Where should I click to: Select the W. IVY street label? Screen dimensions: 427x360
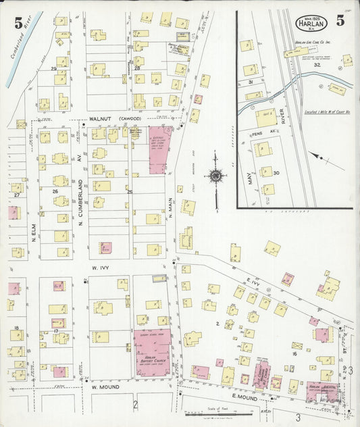pyautogui.click(x=100, y=268)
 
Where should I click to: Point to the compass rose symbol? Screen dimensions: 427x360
pyautogui.click(x=215, y=176)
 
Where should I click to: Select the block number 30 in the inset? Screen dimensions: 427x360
pyautogui.click(x=276, y=173)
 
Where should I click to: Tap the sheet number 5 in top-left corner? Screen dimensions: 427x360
pyautogui.click(x=18, y=22)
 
